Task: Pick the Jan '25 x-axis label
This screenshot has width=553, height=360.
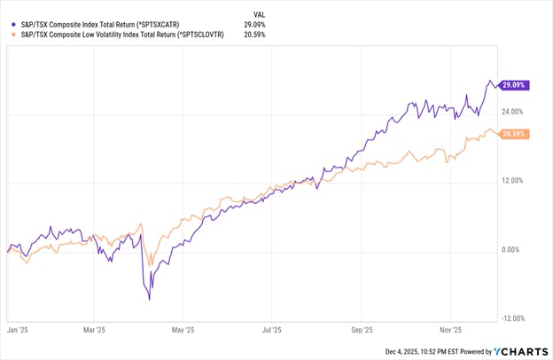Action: coord(19,328)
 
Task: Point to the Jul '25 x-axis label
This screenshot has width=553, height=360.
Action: coord(271,328)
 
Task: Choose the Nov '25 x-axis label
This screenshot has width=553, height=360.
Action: coord(452,328)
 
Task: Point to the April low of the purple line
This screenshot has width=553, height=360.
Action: coord(149,299)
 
